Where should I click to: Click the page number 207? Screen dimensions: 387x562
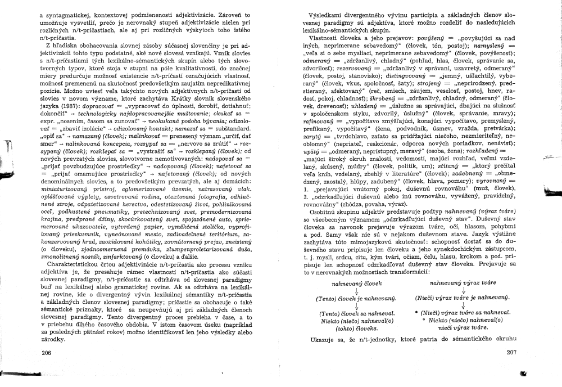pos(511,353)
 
